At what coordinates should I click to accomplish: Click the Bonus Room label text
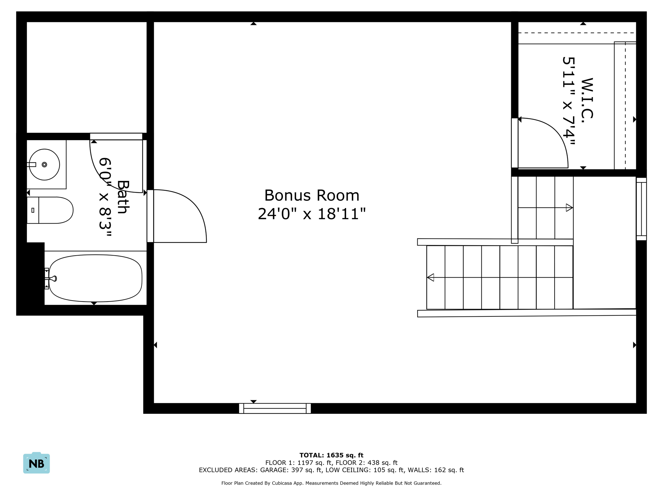312,195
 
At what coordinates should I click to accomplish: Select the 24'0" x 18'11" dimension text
312,214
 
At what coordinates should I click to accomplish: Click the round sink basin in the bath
44,165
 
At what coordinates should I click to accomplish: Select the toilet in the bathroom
52,210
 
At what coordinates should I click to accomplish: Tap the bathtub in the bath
96,278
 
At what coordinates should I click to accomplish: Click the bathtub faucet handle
53,279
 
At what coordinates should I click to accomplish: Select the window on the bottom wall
275,408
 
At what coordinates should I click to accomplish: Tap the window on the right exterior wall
641,209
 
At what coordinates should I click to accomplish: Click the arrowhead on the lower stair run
431,277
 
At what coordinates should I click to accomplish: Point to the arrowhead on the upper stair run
569,208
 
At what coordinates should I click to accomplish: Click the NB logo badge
37,463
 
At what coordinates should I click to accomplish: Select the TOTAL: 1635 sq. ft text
331,455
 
